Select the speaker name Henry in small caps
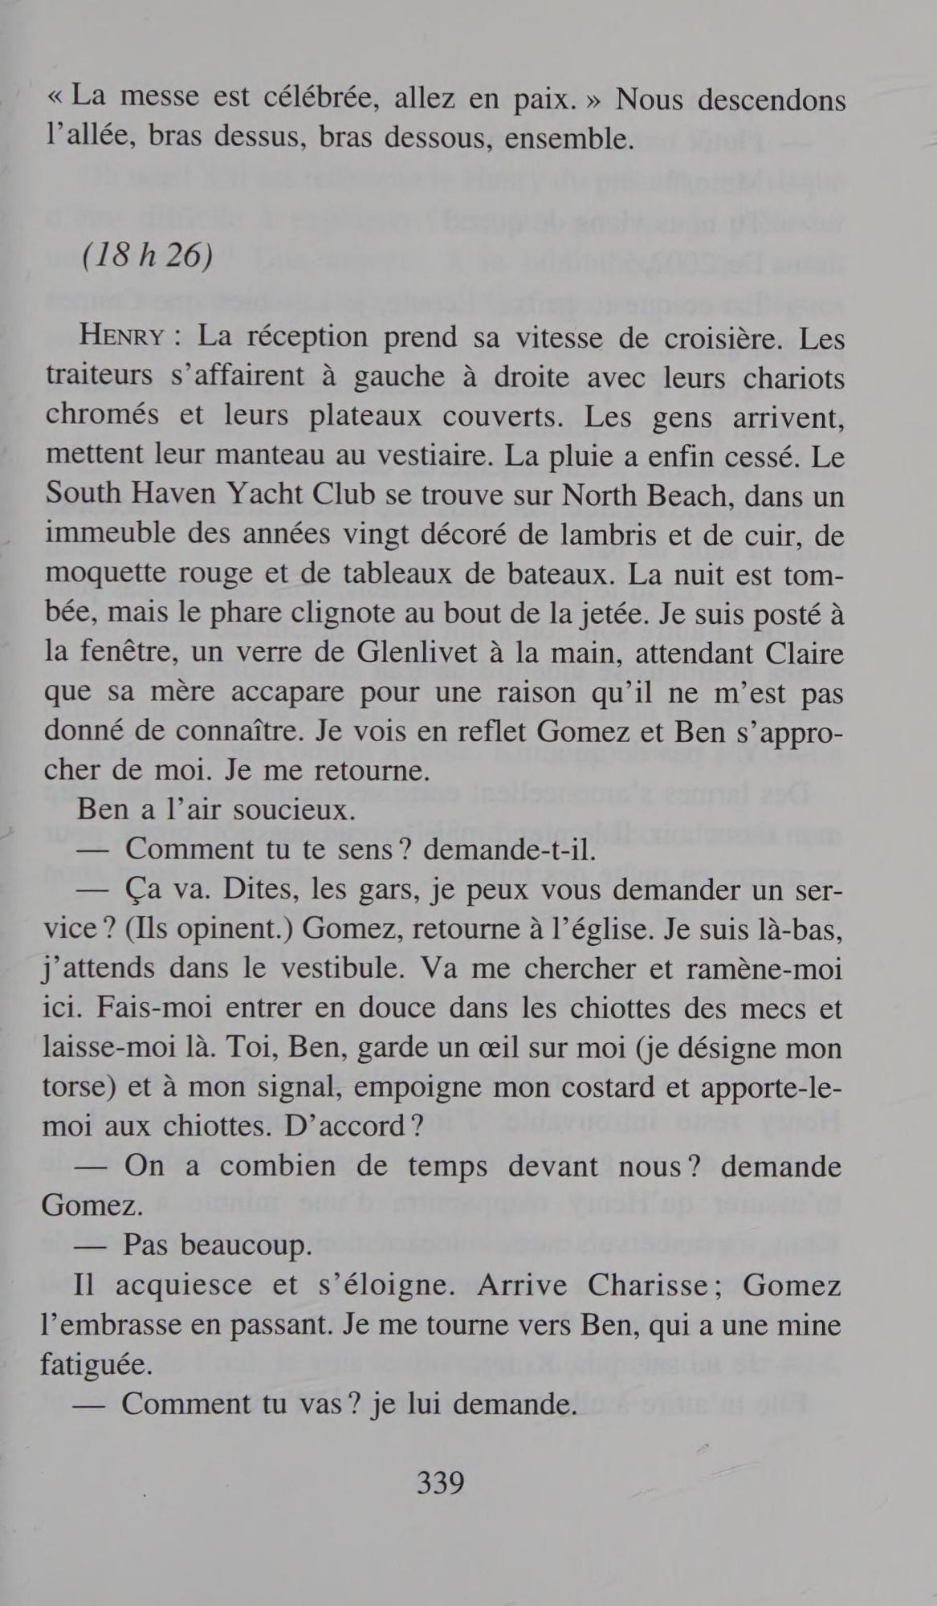point(121,337)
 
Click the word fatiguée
point(97,1364)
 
